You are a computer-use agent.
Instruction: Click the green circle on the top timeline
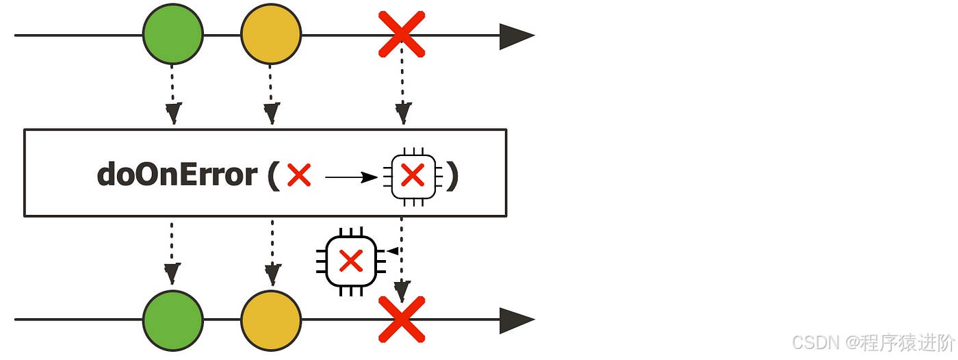click(x=173, y=34)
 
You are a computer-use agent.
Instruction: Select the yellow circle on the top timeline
click(x=271, y=34)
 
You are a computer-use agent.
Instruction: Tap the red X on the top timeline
click(x=402, y=34)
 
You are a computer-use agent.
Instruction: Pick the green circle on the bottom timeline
click(x=173, y=320)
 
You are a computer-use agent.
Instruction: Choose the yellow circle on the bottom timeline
click(x=271, y=320)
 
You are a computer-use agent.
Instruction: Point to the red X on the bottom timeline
click(x=402, y=320)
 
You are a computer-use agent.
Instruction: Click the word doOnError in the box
click(x=177, y=175)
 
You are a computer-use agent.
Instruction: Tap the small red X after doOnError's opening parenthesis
click(x=299, y=176)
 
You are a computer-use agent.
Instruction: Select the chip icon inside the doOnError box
click(x=413, y=177)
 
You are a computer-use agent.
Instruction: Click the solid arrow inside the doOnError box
click(x=351, y=178)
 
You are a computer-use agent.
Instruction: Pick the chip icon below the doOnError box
click(x=351, y=261)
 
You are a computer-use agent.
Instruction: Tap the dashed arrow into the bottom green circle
click(x=172, y=253)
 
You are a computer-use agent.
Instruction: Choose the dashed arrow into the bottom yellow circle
click(x=272, y=253)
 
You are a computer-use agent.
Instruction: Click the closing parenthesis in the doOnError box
click(x=452, y=176)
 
